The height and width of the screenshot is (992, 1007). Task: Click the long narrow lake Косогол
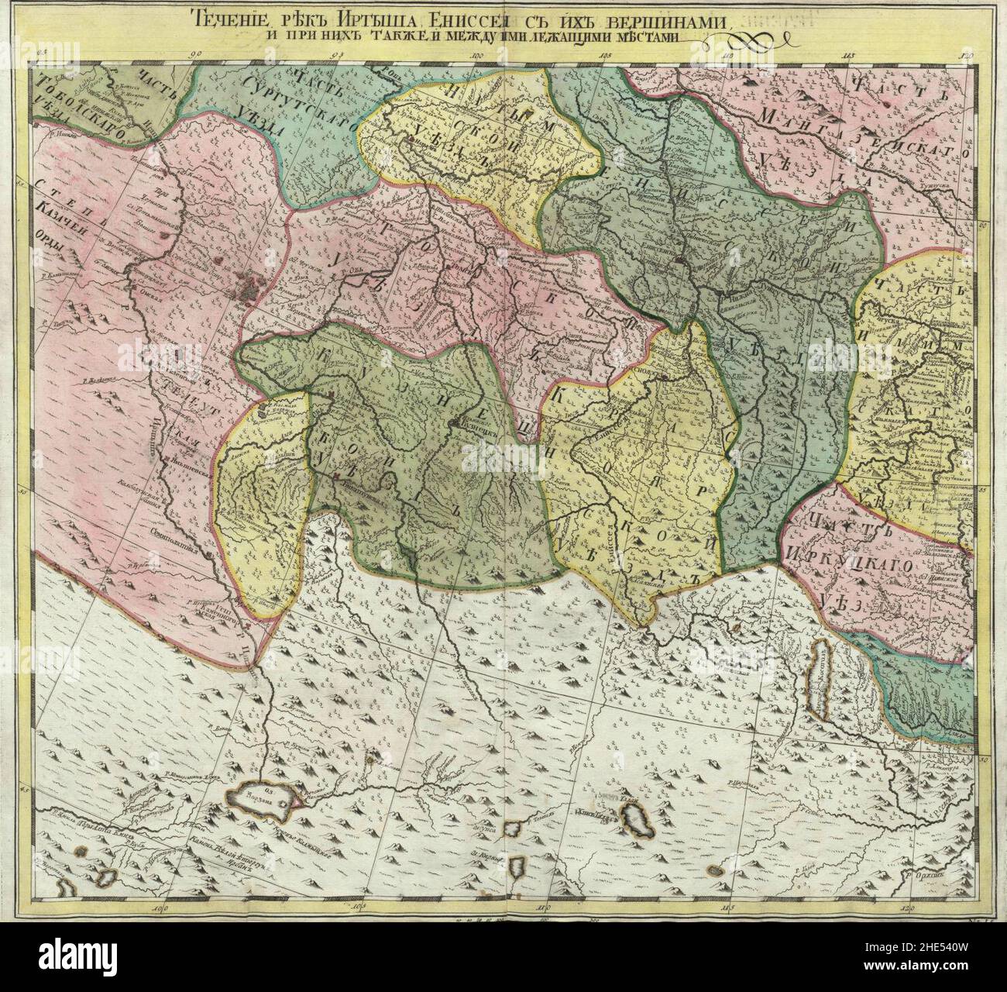click(x=819, y=678)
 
